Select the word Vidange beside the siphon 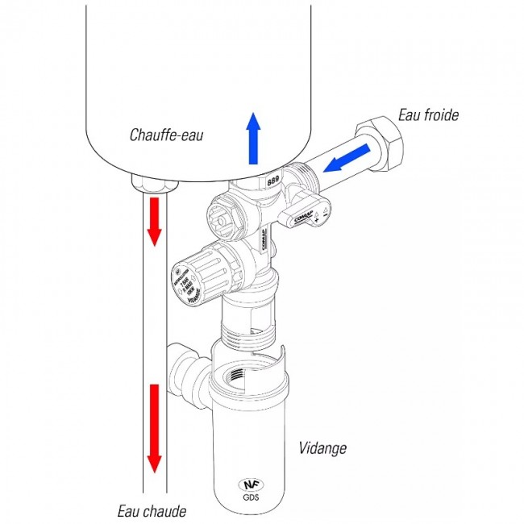322,447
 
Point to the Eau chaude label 152,511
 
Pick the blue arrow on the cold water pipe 348,158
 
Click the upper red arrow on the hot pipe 153,222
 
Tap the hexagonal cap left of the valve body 221,214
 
